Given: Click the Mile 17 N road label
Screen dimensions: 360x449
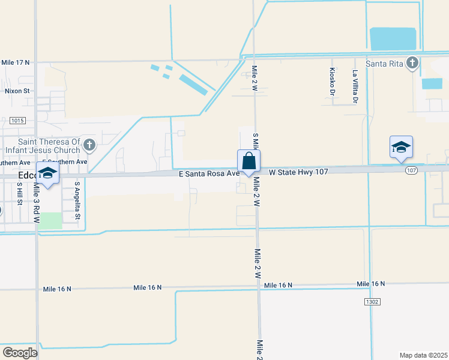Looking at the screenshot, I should pos(15,62).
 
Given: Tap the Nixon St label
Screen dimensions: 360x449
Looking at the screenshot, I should pos(17,91).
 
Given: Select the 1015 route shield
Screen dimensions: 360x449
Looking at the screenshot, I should pos(17,121).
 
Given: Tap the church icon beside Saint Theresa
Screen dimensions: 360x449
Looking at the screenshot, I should pos(89,145).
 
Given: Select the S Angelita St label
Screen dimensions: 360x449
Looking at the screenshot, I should pos(77,201).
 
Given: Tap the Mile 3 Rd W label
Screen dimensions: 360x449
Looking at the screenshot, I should pos(37,204).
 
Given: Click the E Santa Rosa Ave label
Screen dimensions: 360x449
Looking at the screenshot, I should pos(208,173).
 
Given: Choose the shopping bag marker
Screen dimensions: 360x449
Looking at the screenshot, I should pos(249,161).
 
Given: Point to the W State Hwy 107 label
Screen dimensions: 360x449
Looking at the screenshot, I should pos(298,172).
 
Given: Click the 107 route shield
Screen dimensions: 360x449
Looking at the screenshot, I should pos(411,171).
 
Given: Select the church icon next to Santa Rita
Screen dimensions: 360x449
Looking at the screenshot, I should pos(412,63).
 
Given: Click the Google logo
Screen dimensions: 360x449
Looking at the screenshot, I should pos(20,353).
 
